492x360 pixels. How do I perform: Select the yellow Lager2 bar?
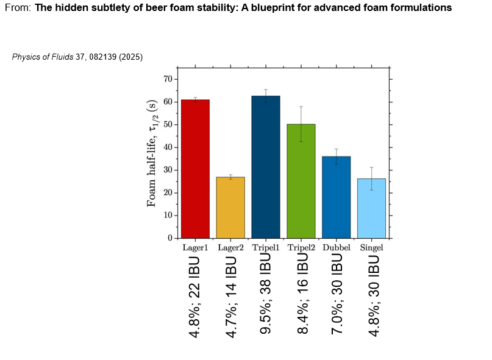pos(230,207)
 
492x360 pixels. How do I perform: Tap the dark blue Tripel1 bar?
pos(266,167)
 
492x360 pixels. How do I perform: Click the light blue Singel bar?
pos(371,208)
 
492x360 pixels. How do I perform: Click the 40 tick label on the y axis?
pos(166,147)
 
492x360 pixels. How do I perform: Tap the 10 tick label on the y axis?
pos(166,215)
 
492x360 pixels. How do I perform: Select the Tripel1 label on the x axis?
pos(266,248)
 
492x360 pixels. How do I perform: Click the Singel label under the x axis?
pos(371,248)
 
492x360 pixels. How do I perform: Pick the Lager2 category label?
pos(230,248)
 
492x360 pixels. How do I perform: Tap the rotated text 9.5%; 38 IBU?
pos(266,295)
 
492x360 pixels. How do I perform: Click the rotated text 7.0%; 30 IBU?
pos(337,295)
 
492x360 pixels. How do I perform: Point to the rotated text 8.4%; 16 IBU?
pos(301,295)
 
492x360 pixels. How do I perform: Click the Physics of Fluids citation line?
pos(77,57)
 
